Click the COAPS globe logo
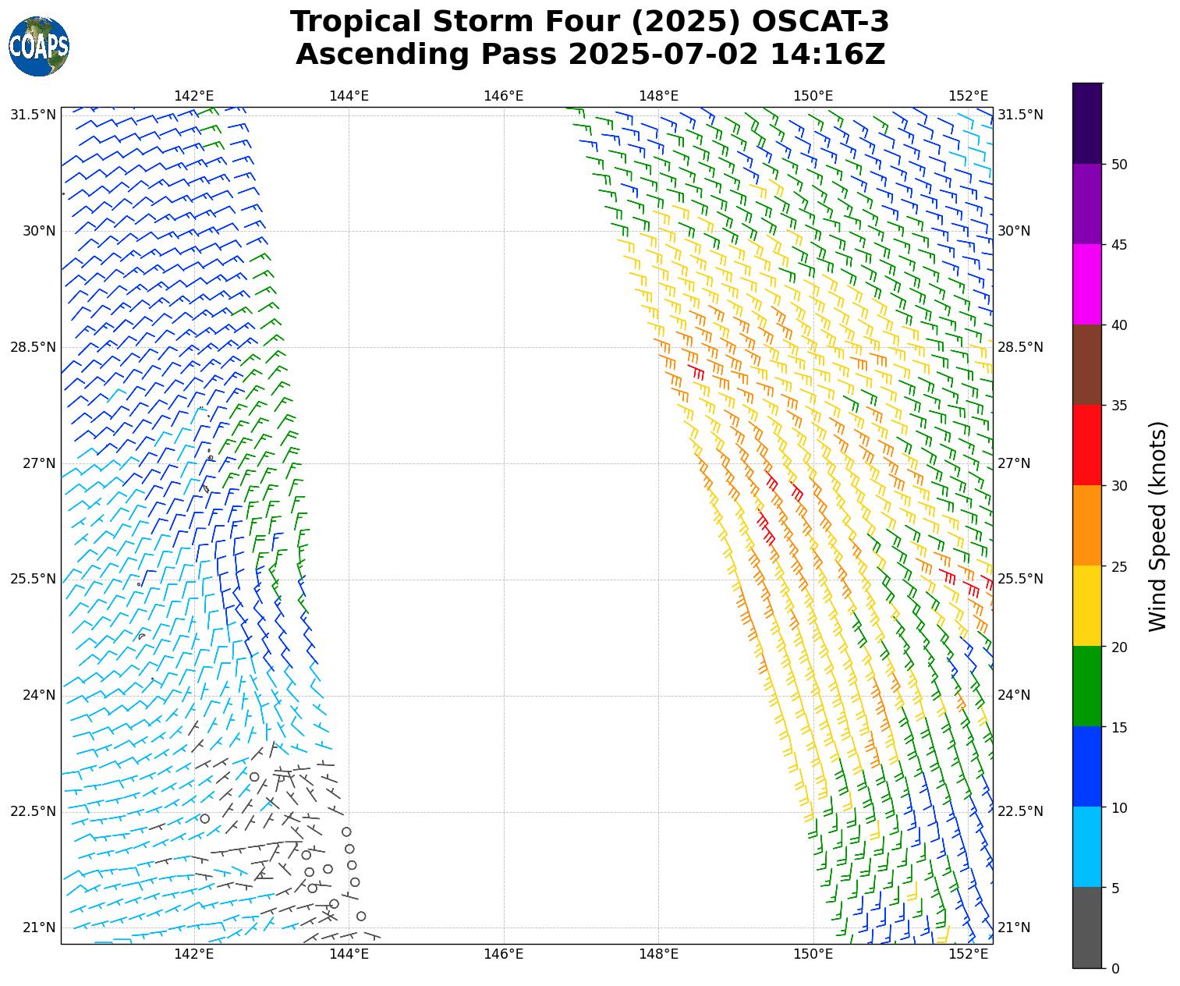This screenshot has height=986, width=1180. (39, 47)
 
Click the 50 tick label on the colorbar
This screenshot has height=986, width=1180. (1119, 165)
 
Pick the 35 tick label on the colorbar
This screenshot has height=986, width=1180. (1119, 406)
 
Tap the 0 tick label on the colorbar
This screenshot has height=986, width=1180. (1115, 969)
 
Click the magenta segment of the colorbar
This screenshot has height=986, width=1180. (1087, 285)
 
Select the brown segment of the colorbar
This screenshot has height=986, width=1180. (1087, 365)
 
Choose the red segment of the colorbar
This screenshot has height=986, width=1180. (1087, 445)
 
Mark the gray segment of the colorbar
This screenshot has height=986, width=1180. (1087, 928)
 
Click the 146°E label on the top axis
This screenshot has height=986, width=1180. (504, 96)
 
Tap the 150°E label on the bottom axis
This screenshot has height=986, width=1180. (813, 954)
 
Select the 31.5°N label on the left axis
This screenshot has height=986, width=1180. (33, 115)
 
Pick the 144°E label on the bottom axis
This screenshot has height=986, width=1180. (349, 954)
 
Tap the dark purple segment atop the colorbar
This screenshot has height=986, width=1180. (1087, 123)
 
